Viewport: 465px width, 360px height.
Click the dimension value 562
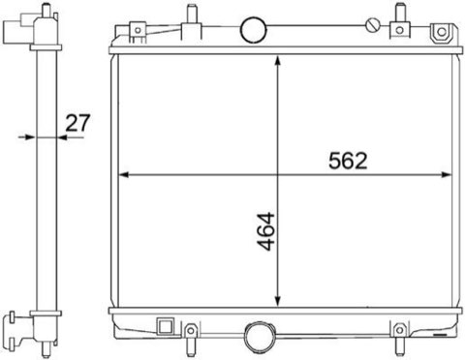pyautogui.click(x=348, y=161)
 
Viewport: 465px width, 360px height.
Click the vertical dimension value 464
pyautogui.click(x=266, y=231)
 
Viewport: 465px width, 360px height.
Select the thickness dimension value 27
pyautogui.click(x=77, y=123)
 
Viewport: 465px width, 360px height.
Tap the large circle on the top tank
pyautogui.click(x=254, y=30)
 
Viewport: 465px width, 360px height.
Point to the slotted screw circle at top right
pyautogui.click(x=373, y=25)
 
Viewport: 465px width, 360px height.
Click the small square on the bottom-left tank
pyautogui.click(x=166, y=325)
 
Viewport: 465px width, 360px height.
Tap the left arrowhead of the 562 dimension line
pyautogui.click(x=124, y=175)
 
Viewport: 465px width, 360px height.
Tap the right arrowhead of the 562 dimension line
pyautogui.click(x=446, y=175)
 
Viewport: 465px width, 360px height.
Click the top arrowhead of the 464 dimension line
pyautogui.click(x=278, y=61)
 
